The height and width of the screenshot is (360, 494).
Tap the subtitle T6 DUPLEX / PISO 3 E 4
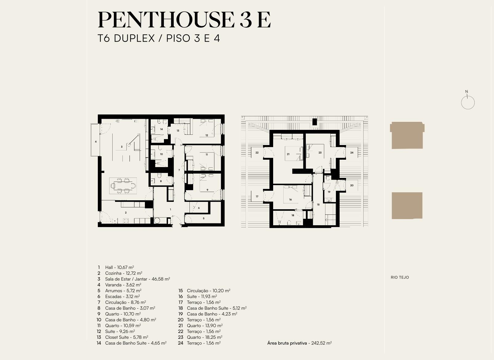click(159, 38)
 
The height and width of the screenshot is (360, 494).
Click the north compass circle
click(468, 102)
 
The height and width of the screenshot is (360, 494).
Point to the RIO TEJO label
click(400, 277)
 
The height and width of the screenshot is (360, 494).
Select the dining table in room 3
click(123, 186)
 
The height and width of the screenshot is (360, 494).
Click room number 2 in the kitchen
click(126, 213)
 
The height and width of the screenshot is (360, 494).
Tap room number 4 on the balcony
click(96, 142)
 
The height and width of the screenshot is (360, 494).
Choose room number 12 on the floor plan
click(207, 135)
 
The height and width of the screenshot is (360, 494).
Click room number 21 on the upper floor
click(288, 154)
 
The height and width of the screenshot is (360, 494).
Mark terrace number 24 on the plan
click(352, 152)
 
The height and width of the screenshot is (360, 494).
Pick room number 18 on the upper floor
click(293, 215)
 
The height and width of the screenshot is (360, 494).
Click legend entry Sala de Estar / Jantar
click(137, 279)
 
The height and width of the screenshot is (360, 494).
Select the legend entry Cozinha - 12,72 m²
click(124, 273)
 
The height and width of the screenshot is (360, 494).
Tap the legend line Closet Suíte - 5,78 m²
click(127, 337)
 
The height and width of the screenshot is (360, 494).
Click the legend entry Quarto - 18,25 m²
click(205, 337)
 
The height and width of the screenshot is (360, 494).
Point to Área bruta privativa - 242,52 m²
click(299, 343)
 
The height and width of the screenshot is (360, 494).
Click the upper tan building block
click(407, 135)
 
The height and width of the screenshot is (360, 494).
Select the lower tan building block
click(407, 206)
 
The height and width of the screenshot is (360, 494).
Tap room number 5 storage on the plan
click(204, 218)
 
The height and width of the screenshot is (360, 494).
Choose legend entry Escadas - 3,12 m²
click(122, 297)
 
